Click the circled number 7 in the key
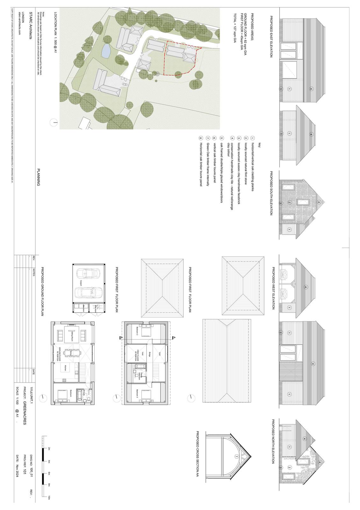[207, 138]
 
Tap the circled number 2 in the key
[246, 138]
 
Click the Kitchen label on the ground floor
[66, 367]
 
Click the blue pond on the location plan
[105, 51]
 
